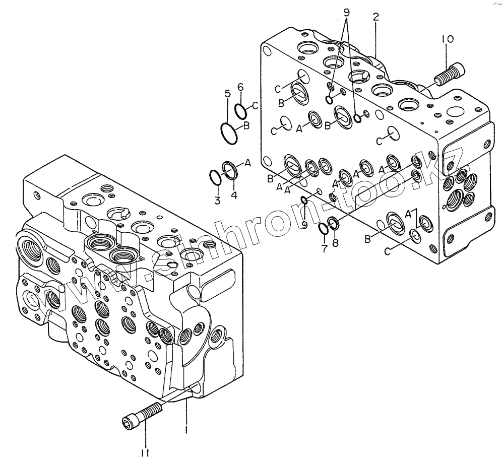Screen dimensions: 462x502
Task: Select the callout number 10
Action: point(448,39)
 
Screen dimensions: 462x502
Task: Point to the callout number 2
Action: point(375,17)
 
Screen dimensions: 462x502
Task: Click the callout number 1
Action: point(186,430)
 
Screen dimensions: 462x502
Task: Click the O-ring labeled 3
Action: point(215,177)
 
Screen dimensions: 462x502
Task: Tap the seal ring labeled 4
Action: point(230,170)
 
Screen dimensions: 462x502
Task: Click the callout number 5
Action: point(228,93)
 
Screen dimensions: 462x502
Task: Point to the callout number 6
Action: point(240,87)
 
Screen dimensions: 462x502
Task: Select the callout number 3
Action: point(217,201)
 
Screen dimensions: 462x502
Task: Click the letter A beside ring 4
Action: point(247,162)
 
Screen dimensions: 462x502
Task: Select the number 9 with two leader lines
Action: point(346,12)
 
